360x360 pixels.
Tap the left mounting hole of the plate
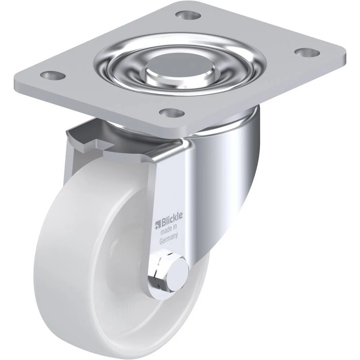click(x=53, y=75)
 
